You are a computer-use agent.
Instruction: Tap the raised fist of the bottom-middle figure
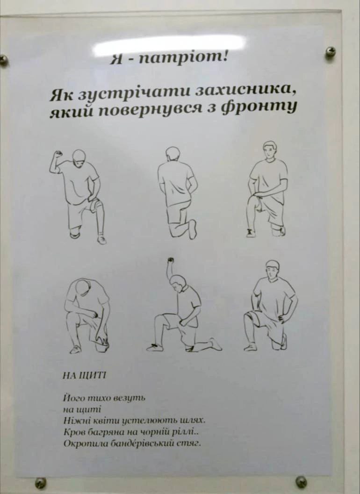coord(171,260)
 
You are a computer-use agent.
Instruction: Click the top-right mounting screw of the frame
coord(331,52)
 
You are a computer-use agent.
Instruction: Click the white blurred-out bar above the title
coord(170,43)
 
